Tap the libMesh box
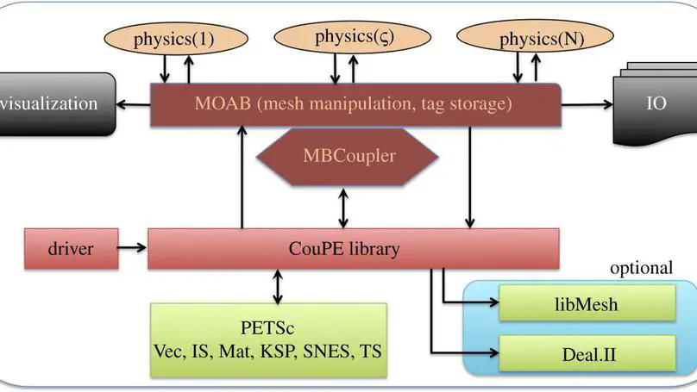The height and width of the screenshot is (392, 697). tap(587, 305)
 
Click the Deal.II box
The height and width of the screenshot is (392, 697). tap(587, 351)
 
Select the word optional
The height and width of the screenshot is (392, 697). tap(640, 268)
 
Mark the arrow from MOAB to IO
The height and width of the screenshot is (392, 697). tap(587, 105)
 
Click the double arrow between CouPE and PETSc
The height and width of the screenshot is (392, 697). tap(277, 285)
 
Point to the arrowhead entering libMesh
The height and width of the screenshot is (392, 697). tap(494, 303)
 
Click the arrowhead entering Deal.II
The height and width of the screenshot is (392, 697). tap(494, 351)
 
